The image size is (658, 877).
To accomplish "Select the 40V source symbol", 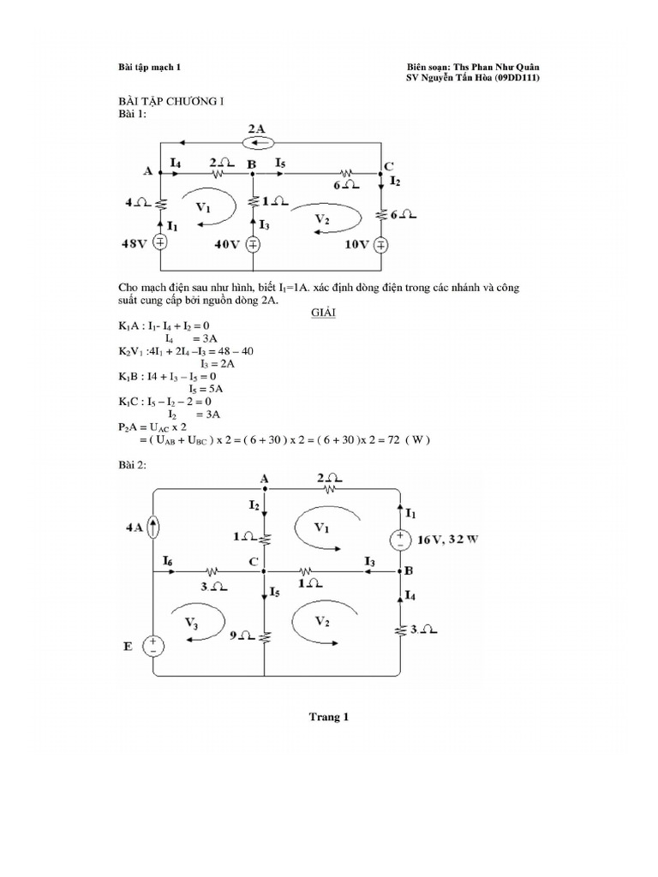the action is pos(253,244).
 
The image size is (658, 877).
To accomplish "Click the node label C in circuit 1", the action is pos(388,165).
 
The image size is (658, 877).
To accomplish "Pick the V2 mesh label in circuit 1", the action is pos(322,219).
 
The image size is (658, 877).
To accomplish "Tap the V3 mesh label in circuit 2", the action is pos(193,624).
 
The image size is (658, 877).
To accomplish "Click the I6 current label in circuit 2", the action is pos(168,560).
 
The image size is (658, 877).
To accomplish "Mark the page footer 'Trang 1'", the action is pos(329,718).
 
